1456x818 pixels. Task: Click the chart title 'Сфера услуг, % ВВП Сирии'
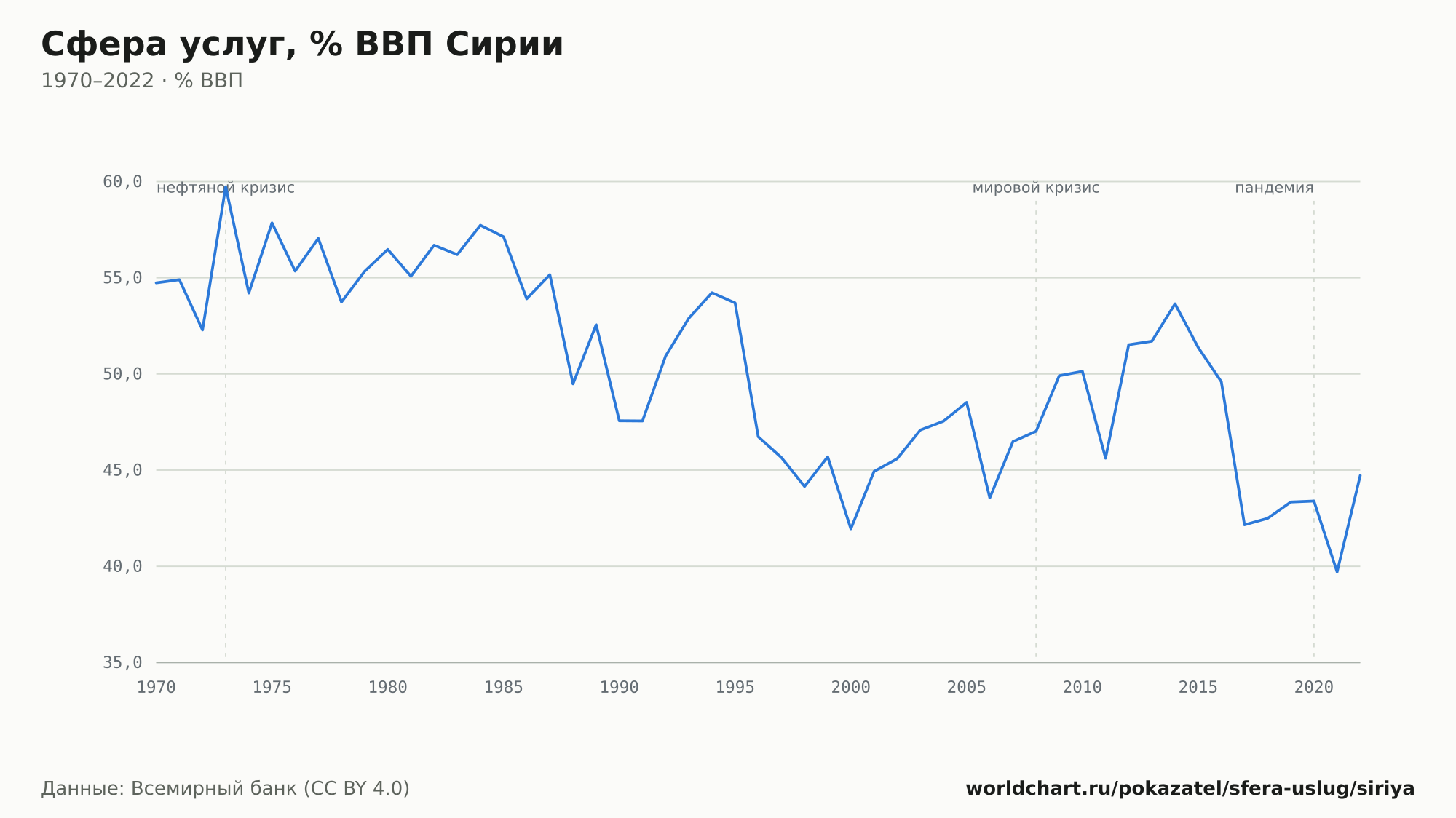point(302,44)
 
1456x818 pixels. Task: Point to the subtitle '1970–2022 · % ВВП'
point(142,81)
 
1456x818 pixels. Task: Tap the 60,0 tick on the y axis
point(122,182)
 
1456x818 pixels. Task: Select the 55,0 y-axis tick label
point(122,278)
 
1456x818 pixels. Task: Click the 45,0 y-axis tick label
point(122,470)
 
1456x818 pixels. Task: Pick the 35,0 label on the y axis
point(122,662)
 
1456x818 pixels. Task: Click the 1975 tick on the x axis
point(272,688)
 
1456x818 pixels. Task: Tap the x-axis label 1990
point(620,688)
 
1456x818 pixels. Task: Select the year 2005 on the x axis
point(967,688)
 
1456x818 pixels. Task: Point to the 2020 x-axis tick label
point(1314,688)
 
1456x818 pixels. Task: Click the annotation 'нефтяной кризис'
point(226,188)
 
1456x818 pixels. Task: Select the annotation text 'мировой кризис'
point(1036,188)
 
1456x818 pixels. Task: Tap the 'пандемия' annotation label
point(1274,188)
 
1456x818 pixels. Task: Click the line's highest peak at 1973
point(226,187)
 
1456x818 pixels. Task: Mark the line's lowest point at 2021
point(1337,571)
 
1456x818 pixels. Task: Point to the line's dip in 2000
point(851,528)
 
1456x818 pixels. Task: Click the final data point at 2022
point(1360,475)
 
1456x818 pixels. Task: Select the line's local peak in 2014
point(1175,303)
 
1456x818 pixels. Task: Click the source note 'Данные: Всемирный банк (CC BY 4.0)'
point(225,789)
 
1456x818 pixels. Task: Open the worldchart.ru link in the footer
point(1190,789)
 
